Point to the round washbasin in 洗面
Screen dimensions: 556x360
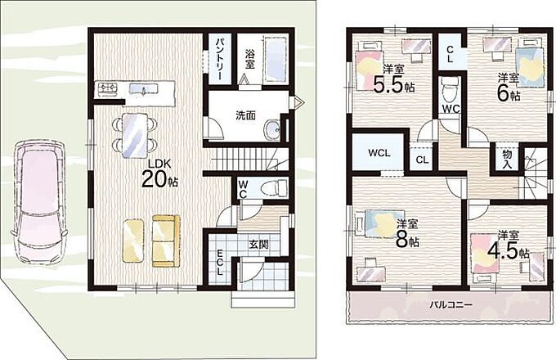coord(273,130)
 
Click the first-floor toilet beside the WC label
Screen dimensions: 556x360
coord(274,187)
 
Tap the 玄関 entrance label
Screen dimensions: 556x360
coord(258,245)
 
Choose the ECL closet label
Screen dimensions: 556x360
coord(220,263)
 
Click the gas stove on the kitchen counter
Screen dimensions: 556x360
coord(108,88)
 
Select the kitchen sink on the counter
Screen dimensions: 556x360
coord(144,89)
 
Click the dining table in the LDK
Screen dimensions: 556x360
coord(134,136)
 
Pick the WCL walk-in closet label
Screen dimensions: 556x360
coord(379,153)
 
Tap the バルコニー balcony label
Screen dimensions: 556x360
coord(451,305)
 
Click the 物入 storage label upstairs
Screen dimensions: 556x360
coord(507,159)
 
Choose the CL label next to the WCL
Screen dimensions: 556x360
coord(422,160)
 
